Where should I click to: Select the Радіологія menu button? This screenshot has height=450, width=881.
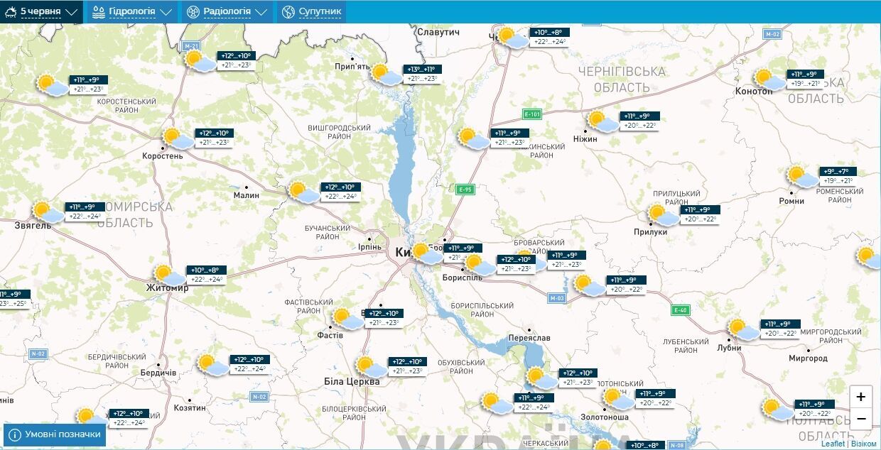[227, 11]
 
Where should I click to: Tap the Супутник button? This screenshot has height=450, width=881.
[311, 11]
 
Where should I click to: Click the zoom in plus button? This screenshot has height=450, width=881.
[860, 397]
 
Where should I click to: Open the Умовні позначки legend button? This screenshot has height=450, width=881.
[55, 434]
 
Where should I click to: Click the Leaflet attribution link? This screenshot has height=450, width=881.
[833, 444]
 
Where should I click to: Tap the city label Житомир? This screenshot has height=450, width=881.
[167, 288]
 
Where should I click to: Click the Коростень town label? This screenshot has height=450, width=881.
[162, 155]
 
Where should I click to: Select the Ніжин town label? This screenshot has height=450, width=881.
[585, 139]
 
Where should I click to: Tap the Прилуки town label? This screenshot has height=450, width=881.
[651, 231]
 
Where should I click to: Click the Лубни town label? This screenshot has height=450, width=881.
[729, 348]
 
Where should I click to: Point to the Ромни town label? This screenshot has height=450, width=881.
[791, 201]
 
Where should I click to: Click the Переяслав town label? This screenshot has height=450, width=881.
[529, 338]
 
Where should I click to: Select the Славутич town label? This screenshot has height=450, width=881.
[439, 32]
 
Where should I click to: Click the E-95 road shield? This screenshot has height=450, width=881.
[465, 190]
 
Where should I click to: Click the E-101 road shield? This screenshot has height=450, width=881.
[532, 114]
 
